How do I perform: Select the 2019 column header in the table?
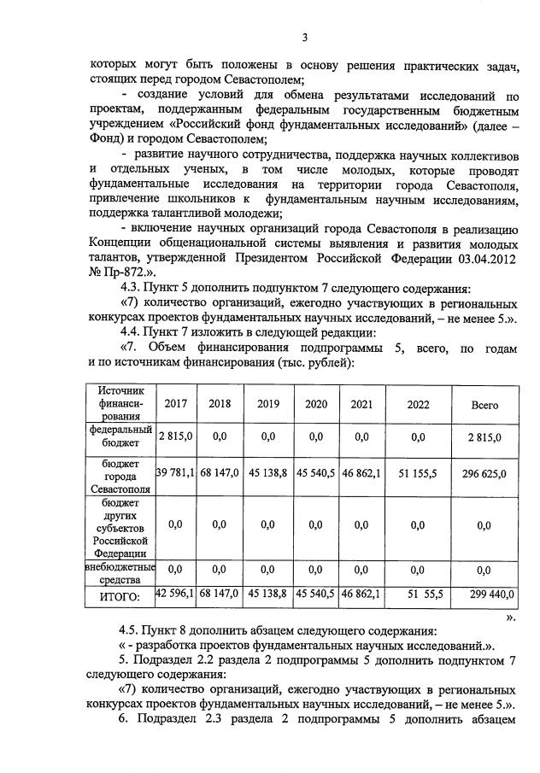coord(268,404)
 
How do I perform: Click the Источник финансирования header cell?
coord(119,404)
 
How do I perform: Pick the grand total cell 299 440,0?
coord(484,593)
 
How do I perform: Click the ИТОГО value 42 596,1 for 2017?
coord(175,593)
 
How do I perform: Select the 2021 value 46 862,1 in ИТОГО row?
coord(361,593)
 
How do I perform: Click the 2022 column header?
coord(418,404)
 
